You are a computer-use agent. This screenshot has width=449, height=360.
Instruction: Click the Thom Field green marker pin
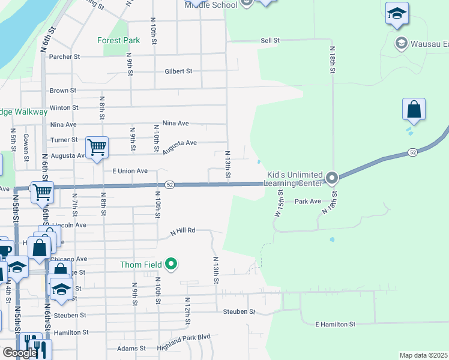(x=171, y=264)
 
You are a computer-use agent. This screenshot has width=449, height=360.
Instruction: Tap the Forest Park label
(x=118, y=41)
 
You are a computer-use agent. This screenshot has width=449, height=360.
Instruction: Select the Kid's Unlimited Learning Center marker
(x=333, y=178)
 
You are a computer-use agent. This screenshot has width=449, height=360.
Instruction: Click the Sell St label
(x=270, y=40)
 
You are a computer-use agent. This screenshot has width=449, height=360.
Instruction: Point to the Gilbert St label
(x=178, y=71)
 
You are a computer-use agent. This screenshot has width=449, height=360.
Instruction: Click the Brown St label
(x=63, y=91)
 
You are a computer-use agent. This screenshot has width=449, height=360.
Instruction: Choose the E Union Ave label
(x=130, y=171)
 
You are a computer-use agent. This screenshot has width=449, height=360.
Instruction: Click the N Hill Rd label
(x=182, y=230)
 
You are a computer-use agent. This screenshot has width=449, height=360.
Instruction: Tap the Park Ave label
(x=308, y=202)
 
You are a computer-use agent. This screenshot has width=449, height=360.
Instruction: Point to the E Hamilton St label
(x=336, y=324)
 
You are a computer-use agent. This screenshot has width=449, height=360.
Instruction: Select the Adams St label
(x=131, y=348)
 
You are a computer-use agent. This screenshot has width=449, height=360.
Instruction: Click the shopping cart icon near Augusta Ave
(x=97, y=146)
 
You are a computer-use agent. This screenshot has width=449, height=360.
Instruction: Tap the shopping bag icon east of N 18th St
(x=414, y=110)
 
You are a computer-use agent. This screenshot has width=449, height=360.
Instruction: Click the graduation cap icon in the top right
(x=397, y=14)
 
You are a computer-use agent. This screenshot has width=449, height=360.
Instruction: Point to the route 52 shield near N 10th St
(x=170, y=185)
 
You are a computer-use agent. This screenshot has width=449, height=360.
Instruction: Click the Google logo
(x=19, y=353)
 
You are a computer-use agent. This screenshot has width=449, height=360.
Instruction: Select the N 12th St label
(x=187, y=311)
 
